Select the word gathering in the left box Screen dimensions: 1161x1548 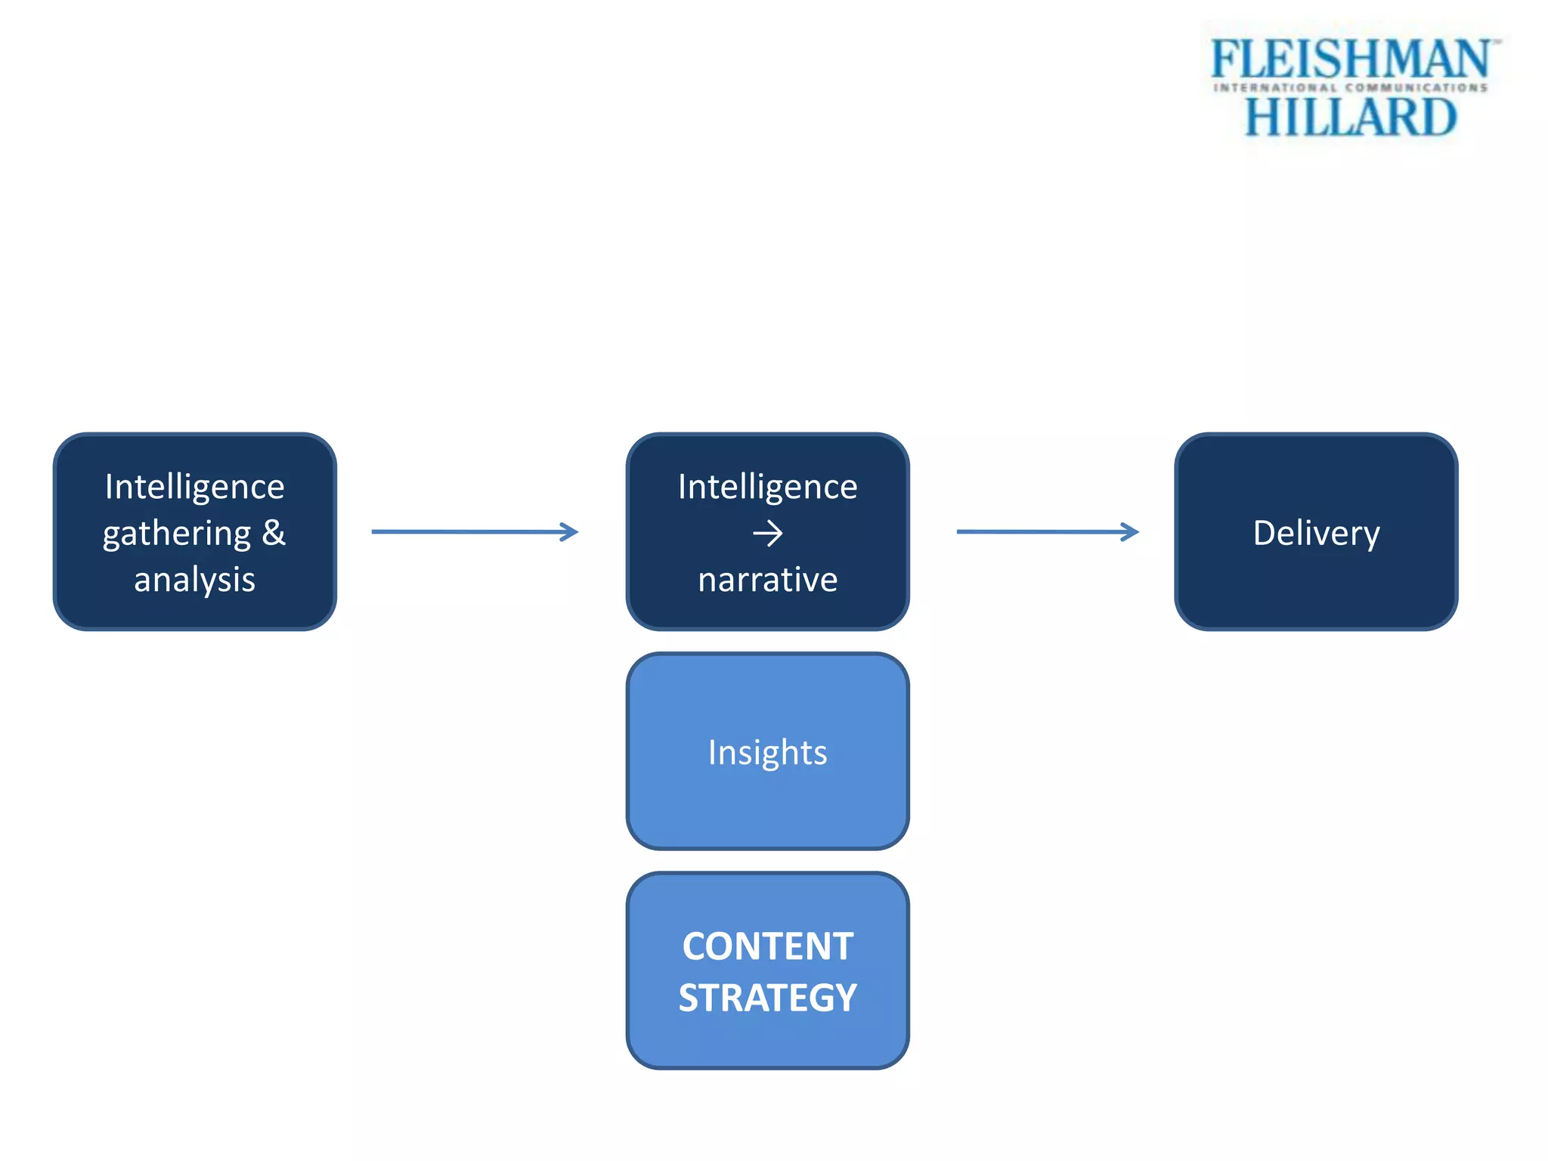coord(177,534)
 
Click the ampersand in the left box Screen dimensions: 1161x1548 coord(274,532)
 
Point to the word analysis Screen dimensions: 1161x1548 coord(194,580)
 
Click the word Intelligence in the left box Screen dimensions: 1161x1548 coord(194,486)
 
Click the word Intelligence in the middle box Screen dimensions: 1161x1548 coord(767,486)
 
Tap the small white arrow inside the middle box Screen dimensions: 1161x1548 coord(767,534)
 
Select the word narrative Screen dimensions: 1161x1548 coord(767,580)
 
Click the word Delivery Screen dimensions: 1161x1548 coord(1316,533)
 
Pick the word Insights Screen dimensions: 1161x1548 coord(767,752)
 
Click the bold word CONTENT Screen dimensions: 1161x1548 coord(767,946)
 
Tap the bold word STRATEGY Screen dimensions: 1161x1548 coord(767,998)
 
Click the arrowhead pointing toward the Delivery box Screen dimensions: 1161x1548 coord(1130,532)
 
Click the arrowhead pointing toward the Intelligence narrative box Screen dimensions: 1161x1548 coord(569,532)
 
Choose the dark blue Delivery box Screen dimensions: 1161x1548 coord(1316,590)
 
